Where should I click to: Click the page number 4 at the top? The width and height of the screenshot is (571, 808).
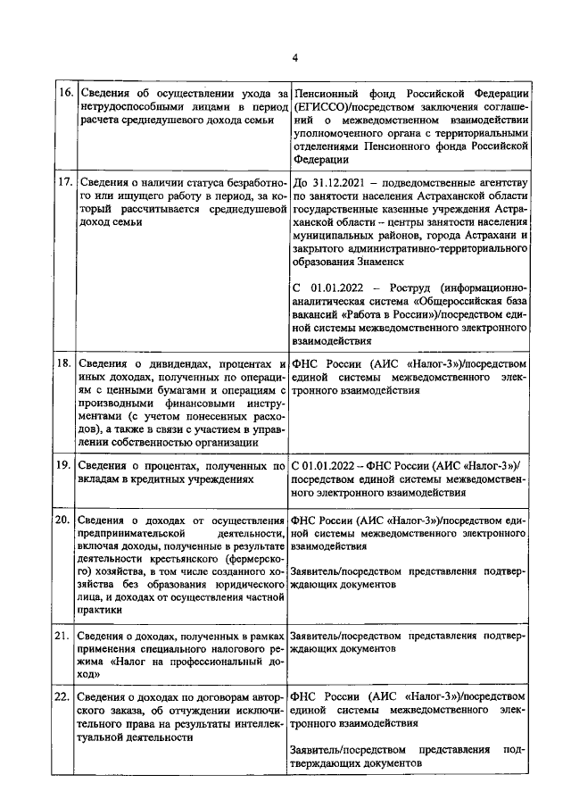pos(294,59)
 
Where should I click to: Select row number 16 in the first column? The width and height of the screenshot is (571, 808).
pos(64,94)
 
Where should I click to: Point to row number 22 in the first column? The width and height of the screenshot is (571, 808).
pos(64,696)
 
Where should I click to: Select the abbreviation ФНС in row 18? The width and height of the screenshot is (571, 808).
pos(305,363)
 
